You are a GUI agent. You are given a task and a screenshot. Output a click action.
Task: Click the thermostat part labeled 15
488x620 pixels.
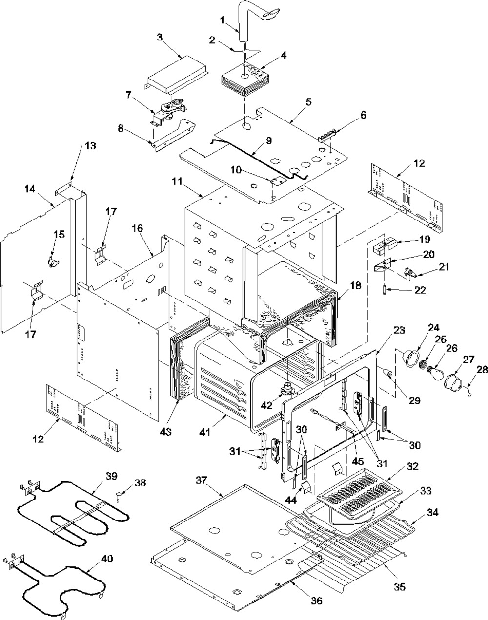click(52, 262)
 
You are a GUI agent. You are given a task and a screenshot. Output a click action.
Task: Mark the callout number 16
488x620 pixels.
click(135, 228)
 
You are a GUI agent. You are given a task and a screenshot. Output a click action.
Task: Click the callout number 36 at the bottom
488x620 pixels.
click(316, 601)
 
